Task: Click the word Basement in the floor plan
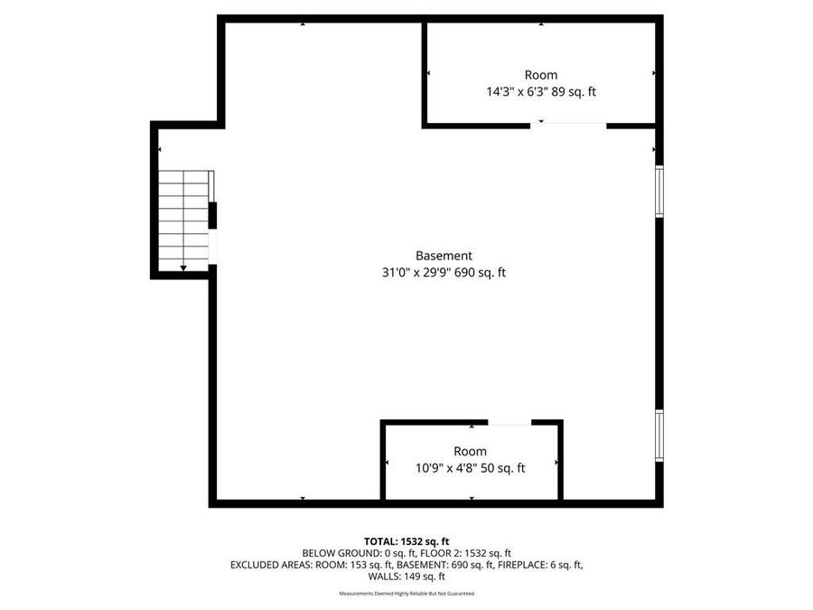[444, 256]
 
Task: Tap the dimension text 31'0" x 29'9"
[416, 272]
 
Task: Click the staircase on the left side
[184, 219]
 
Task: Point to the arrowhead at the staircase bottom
[184, 267]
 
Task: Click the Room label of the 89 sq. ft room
[541, 75]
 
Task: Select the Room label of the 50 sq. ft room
[470, 451]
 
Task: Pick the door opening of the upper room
[568, 125]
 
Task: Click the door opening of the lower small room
[509, 422]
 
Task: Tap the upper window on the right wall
[659, 192]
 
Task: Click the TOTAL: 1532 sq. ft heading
[406, 540]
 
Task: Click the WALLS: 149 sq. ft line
[406, 577]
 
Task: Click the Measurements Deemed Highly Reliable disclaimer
[406, 594]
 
